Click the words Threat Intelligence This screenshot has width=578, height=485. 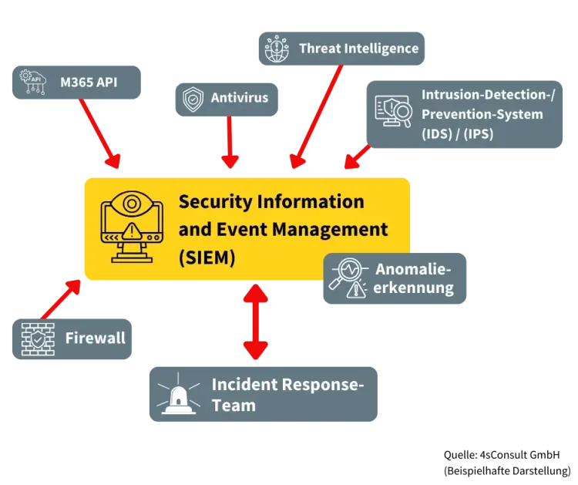click(x=358, y=49)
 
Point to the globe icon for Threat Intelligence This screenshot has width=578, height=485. click(x=276, y=49)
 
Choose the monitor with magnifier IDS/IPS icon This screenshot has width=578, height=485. click(x=393, y=113)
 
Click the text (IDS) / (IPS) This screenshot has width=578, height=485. click(x=457, y=134)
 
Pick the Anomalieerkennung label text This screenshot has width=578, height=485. click(x=413, y=279)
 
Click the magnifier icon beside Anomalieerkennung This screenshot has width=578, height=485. click(x=347, y=278)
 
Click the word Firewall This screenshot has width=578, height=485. click(x=95, y=338)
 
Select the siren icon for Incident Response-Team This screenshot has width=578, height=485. click(x=176, y=395)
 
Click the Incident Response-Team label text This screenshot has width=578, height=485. click(x=287, y=394)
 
